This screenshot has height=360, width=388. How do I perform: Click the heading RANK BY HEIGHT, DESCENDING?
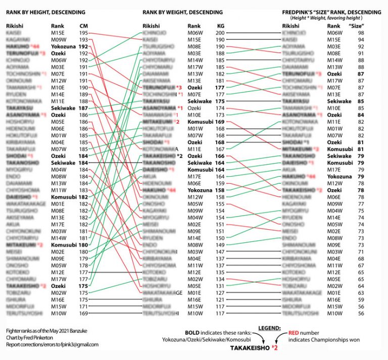45,11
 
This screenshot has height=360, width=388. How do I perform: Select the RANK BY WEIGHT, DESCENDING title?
182,11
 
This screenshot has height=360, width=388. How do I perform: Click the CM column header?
84,25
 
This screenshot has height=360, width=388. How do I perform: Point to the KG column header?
221,25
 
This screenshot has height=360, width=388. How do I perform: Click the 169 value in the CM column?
84,314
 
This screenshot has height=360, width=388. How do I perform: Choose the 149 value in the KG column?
220,244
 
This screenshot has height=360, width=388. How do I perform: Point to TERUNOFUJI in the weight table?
158,87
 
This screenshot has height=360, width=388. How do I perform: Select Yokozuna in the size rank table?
339,177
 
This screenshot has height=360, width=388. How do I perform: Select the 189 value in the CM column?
84,94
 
